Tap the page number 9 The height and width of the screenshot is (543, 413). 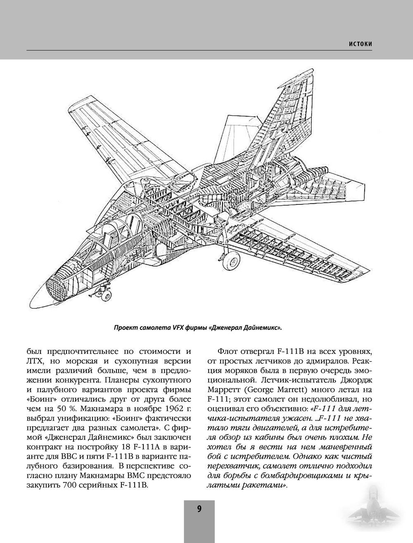click(199, 509)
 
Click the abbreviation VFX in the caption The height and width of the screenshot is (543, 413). click(176, 328)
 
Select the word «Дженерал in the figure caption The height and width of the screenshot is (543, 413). click(227, 328)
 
